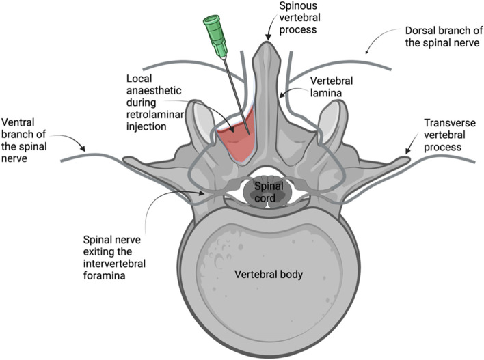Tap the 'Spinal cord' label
pyautogui.click(x=267, y=191)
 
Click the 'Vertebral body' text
pyautogui.click(x=269, y=275)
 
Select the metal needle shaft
pyautogui.click(x=231, y=89)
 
